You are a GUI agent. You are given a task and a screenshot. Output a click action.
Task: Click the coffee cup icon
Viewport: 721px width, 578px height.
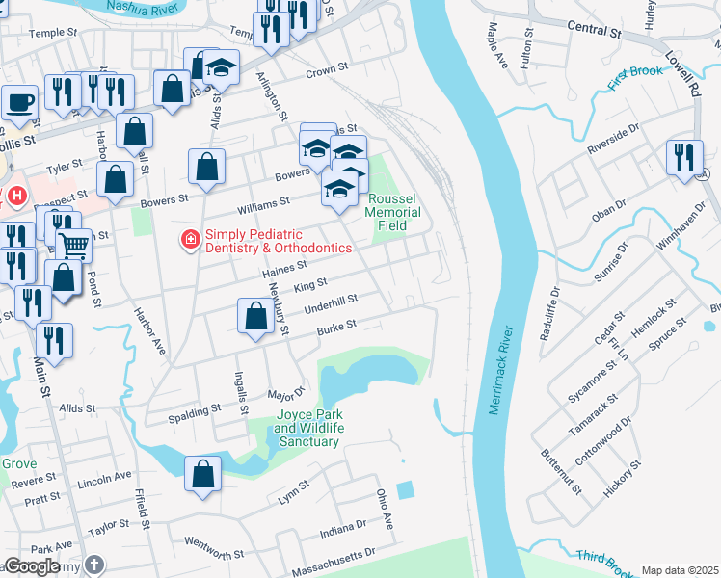(x=19, y=102)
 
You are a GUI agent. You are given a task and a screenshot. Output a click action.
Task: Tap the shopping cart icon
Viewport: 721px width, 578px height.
(x=74, y=245)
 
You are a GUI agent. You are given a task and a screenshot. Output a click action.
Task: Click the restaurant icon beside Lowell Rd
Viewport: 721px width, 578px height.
(x=684, y=158)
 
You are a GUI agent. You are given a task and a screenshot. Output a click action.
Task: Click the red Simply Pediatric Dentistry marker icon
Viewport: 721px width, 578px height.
(x=191, y=239)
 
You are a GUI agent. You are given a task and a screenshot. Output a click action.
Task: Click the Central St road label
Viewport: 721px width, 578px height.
(x=593, y=29)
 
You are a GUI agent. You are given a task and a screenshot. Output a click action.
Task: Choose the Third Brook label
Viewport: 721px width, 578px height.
(x=603, y=558)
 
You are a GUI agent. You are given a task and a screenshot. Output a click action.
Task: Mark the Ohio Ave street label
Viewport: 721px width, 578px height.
(x=385, y=508)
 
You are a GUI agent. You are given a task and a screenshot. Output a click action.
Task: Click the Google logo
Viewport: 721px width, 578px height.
(x=32, y=566)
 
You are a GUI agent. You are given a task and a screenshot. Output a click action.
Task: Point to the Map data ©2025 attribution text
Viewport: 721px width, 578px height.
(x=680, y=570)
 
